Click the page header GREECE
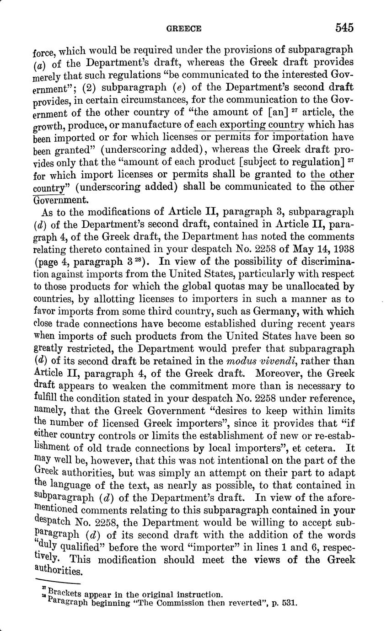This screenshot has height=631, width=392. click(x=183, y=28)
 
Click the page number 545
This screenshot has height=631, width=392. click(x=344, y=27)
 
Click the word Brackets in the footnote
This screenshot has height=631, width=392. click(x=62, y=594)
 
